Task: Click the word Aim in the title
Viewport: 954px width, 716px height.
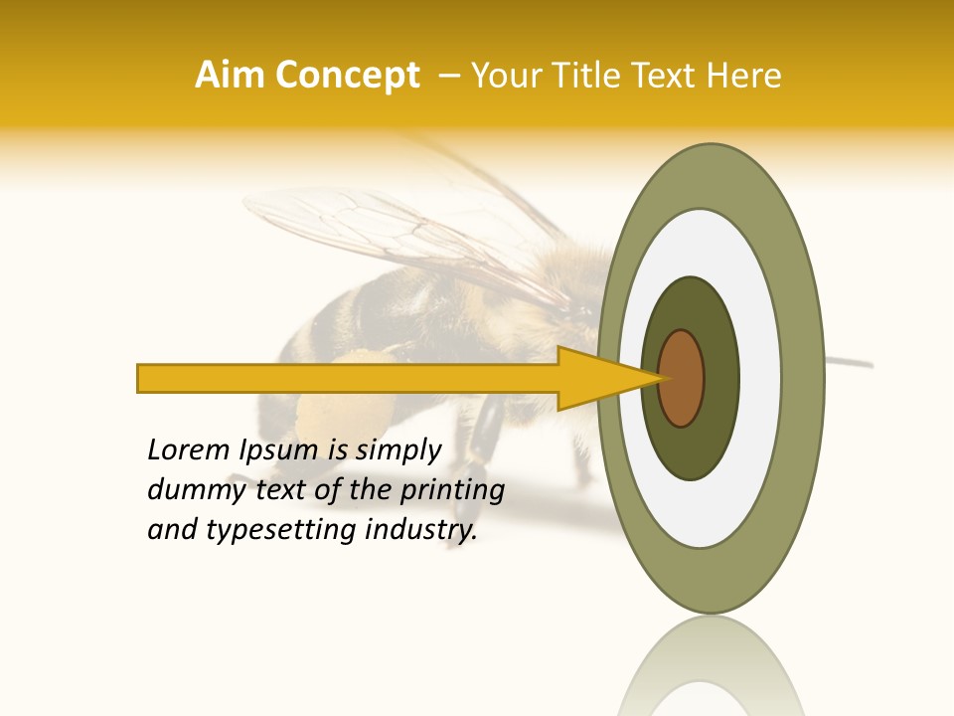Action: point(231,76)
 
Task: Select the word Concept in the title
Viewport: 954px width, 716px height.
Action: point(347,76)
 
